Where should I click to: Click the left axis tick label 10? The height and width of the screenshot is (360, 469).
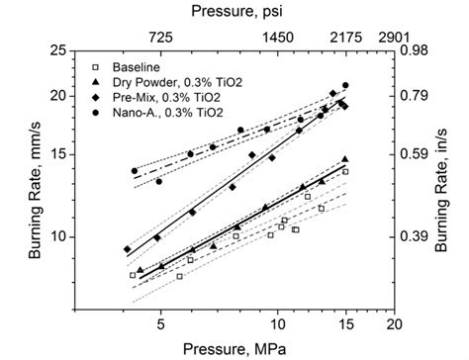click(87, 236)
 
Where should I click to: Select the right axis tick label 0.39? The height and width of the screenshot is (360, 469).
click(417, 236)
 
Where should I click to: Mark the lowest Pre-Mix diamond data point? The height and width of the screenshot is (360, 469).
click(127, 249)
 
